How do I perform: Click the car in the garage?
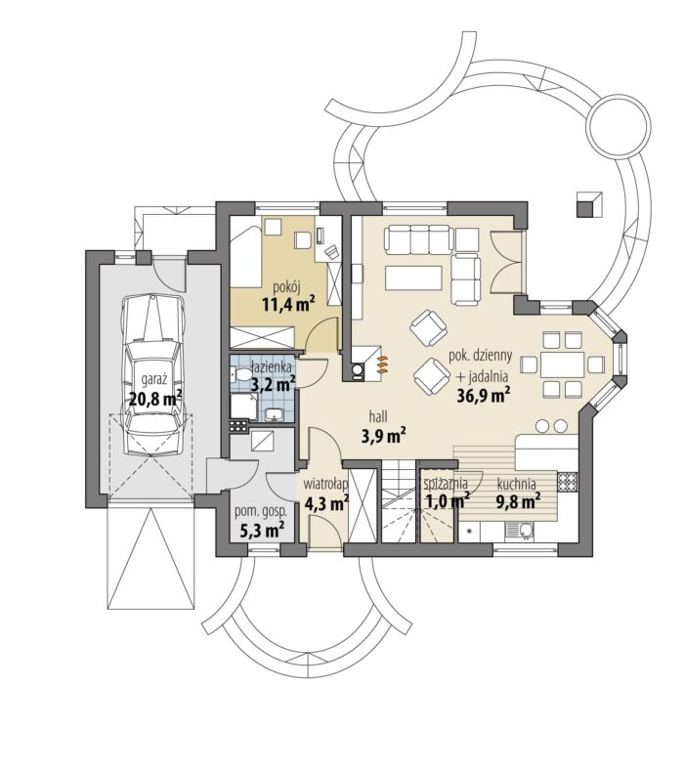(x=154, y=375)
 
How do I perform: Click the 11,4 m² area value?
(x=288, y=304)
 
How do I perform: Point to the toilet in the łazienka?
(x=238, y=374)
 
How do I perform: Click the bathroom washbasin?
(x=273, y=414)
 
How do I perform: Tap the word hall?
(x=379, y=416)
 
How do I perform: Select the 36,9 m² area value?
(x=483, y=395)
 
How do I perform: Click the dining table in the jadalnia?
(x=563, y=365)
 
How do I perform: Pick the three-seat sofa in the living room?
(x=419, y=239)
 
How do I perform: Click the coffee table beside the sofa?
(x=414, y=278)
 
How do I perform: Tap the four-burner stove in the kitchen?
(x=568, y=481)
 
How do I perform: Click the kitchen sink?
(x=519, y=531)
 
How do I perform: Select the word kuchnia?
(x=517, y=484)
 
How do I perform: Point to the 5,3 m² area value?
(x=262, y=531)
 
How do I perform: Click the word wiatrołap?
(x=326, y=484)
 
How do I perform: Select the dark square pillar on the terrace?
(x=589, y=204)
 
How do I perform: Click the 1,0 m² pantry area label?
(x=447, y=500)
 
